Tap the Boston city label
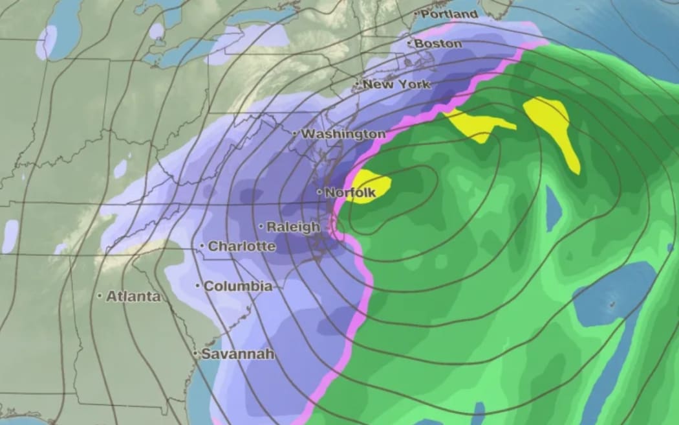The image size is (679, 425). (438, 43)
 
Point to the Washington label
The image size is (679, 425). (343, 133)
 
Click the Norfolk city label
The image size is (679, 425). (350, 192)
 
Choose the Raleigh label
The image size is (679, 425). (293, 227)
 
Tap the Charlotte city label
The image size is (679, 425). (241, 246)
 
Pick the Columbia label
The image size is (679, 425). (237, 286)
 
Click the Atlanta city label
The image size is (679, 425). (133, 296)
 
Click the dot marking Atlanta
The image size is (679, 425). (100, 296)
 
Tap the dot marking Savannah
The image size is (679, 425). (195, 354)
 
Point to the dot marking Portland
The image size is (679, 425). (417, 14)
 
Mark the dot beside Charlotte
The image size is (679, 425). (202, 246)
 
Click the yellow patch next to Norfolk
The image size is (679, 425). (369, 185)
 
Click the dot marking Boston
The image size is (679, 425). (410, 43)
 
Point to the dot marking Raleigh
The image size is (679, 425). (261, 227)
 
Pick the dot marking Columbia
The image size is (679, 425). (198, 286)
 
